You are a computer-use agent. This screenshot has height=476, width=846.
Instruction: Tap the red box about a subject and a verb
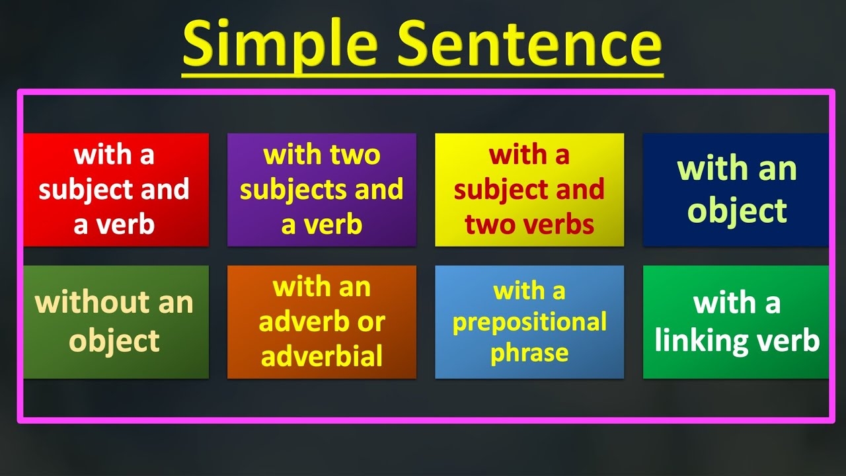click(116, 190)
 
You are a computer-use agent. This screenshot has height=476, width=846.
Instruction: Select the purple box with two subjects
click(322, 190)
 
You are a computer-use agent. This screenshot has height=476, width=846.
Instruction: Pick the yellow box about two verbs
click(529, 190)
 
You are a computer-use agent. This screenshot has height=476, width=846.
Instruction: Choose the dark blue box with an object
click(736, 190)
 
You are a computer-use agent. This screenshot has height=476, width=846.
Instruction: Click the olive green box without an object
click(116, 322)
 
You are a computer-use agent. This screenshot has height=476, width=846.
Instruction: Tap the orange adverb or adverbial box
click(322, 322)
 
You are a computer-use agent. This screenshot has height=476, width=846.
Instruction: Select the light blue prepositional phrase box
click(529, 322)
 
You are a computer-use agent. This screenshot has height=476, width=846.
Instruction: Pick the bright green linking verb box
click(736, 322)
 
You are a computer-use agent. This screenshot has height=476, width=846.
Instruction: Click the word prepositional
click(529, 323)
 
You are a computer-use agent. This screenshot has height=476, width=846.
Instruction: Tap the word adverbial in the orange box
click(322, 356)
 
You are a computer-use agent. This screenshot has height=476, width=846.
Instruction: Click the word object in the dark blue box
click(736, 211)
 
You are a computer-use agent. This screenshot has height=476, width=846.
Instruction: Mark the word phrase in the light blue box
click(529, 353)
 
